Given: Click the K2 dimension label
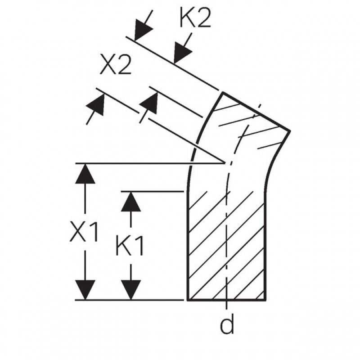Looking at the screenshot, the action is point(195,18).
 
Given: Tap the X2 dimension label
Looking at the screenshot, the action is point(116,64).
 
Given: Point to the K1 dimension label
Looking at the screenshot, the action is point(130,246).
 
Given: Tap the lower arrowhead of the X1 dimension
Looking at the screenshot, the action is point(85,290).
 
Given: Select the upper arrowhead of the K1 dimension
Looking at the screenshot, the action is point(131,202).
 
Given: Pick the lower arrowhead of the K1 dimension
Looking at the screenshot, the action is point(131,290).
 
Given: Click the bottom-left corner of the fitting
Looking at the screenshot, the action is point(188,300).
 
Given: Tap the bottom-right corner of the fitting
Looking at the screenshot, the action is point(266,300).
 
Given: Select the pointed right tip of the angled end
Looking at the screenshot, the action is point(290,131).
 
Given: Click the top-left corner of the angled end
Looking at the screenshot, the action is point(222,92).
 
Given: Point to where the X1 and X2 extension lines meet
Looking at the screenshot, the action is point(224,163).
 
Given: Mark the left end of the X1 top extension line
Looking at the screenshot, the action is point(76,163).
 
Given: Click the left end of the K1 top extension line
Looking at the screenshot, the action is point(121,191).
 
